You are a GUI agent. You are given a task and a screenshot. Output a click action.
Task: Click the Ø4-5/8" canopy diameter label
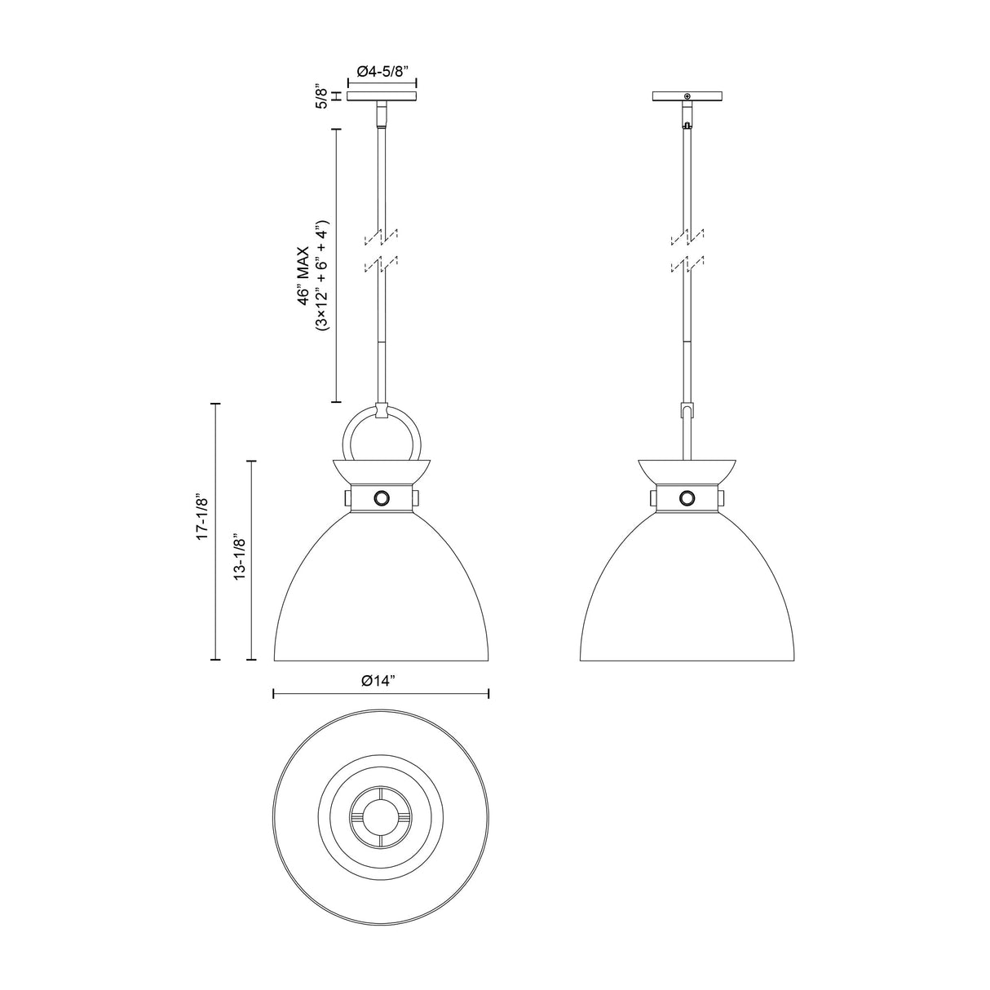point(382,72)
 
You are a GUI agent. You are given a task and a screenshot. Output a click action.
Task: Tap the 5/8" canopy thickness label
point(321,95)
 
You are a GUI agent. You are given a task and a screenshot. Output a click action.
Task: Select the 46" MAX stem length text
point(305,276)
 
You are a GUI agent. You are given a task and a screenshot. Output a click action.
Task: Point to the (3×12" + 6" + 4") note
point(323,276)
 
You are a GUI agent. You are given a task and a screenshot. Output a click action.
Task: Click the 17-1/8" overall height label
point(202,517)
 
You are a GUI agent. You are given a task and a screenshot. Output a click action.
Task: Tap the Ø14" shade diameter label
point(380,681)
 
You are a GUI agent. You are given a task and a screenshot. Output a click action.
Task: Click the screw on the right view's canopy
point(687,96)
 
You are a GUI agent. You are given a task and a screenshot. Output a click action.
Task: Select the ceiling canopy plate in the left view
point(382,96)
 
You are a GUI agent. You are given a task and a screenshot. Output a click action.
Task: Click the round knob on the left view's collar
point(382,497)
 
